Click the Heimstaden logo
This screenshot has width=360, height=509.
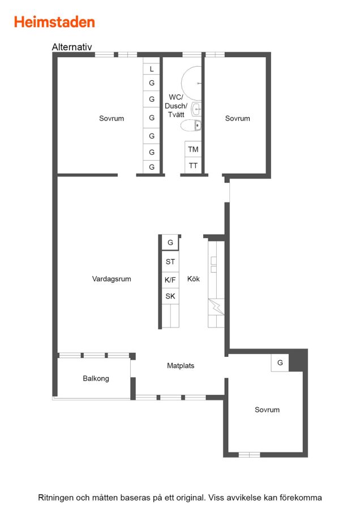tap(54, 22)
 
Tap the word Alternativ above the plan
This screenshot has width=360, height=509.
tap(72, 47)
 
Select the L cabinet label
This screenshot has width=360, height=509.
tap(151, 69)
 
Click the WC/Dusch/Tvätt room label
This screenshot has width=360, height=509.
tap(176, 106)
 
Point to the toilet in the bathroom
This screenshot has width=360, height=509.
tap(191, 126)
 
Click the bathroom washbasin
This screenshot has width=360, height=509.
tap(196, 109)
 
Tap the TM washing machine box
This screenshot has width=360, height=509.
tap(193, 149)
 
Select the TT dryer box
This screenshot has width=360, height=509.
tap(193, 166)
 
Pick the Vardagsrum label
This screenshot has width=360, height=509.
tap(112, 279)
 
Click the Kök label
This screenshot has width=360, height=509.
tap(194, 279)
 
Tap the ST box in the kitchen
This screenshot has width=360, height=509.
tap(170, 262)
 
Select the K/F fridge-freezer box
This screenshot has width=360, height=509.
tap(170, 280)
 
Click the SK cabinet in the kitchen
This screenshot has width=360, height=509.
tap(170, 296)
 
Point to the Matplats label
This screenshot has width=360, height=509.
tap(181, 365)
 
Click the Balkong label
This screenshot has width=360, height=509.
tap(96, 378)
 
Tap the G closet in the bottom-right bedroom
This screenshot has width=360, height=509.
tap(280, 363)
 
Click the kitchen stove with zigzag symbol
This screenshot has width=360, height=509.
tap(216, 307)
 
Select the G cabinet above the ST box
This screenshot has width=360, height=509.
tap(170, 243)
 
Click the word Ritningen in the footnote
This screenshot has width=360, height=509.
tap(55, 498)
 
